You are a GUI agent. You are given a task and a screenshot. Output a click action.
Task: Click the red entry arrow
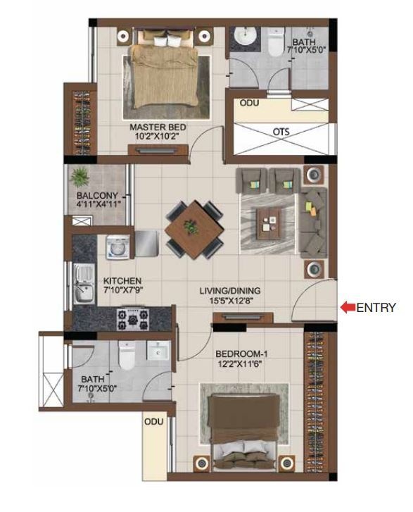tap(347, 307)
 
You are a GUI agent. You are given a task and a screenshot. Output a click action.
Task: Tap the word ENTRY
tap(376, 307)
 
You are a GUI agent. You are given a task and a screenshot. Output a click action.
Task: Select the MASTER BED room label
tap(157, 127)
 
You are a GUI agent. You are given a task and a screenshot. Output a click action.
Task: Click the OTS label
tap(281, 131)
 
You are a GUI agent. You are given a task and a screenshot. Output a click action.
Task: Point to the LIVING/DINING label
tap(229, 289)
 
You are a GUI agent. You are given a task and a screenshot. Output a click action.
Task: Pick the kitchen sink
tap(83, 280)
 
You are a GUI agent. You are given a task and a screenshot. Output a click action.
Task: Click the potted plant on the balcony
tap(82, 175)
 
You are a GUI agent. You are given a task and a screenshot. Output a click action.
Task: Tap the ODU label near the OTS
tap(250, 103)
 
